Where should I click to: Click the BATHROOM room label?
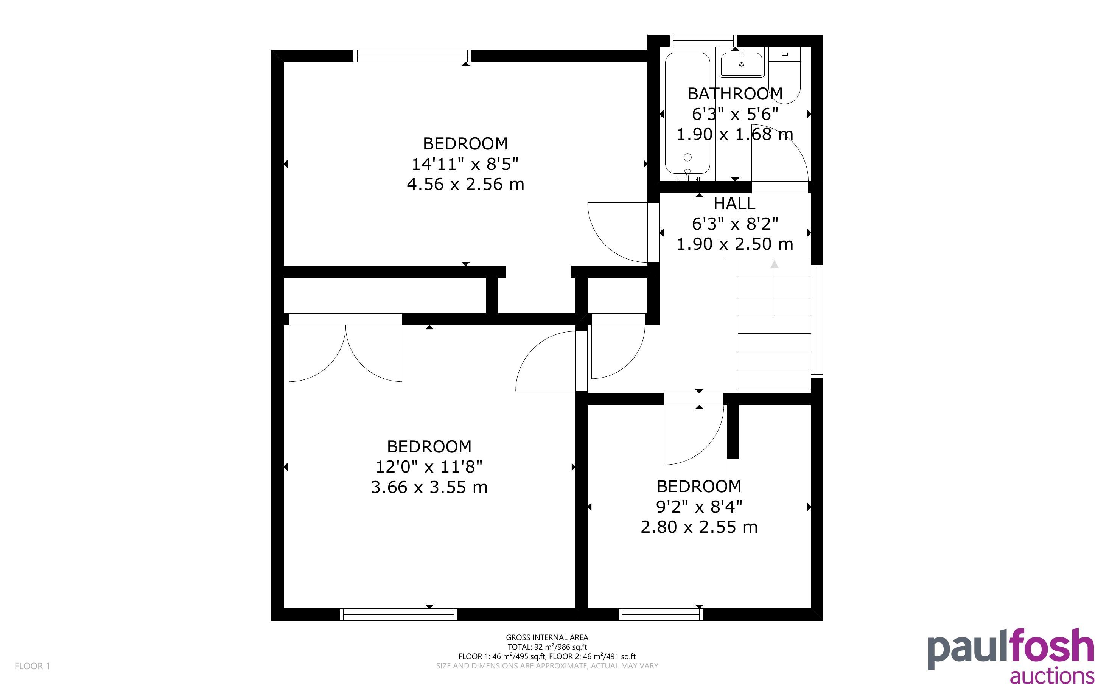tap(734, 94)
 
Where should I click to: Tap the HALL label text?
tap(734, 204)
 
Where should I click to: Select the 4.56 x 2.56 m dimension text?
tap(465, 184)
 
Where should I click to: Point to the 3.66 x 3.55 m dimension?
tap(429, 487)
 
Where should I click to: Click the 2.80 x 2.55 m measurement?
tap(699, 527)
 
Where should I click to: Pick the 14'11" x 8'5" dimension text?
tap(465, 164)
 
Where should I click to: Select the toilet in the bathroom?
tap(785, 75)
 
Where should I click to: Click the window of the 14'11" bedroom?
tap(412, 56)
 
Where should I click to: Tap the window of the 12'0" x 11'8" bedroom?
tap(398, 614)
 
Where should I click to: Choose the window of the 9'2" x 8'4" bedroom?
tap(661, 614)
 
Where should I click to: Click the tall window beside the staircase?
tap(817, 322)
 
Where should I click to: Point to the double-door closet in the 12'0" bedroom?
tap(345, 347)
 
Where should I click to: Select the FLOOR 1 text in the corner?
tap(32, 666)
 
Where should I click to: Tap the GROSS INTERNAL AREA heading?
tap(547, 637)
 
